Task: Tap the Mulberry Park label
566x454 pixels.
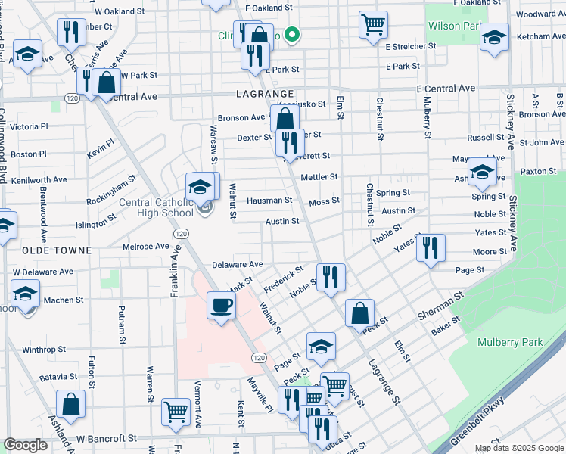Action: [510, 342]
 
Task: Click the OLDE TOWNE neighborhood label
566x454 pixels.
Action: [58, 250]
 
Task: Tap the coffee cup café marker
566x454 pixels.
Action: [220, 306]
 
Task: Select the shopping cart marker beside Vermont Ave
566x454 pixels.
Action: [176, 412]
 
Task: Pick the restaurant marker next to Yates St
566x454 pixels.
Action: [431, 247]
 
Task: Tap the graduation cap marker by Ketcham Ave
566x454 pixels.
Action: [494, 37]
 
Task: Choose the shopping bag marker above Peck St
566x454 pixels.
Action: [360, 313]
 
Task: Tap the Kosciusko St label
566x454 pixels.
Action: [301, 104]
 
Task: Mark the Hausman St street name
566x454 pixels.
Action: [269, 201]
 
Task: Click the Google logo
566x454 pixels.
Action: [25, 445]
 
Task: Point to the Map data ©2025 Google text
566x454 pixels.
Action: [518, 448]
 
